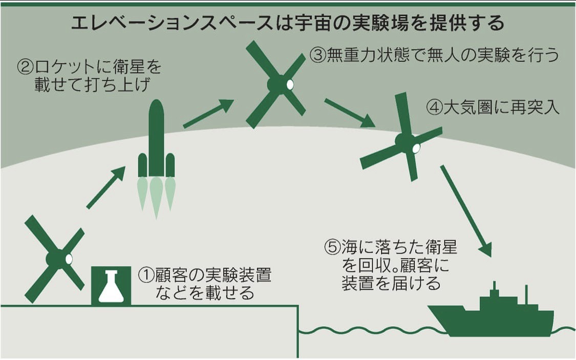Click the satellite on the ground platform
pos(55,259)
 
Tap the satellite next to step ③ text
pos(276,84)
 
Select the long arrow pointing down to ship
pos(465,210)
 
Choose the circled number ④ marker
pos(434,109)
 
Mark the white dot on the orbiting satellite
pos(290,83)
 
